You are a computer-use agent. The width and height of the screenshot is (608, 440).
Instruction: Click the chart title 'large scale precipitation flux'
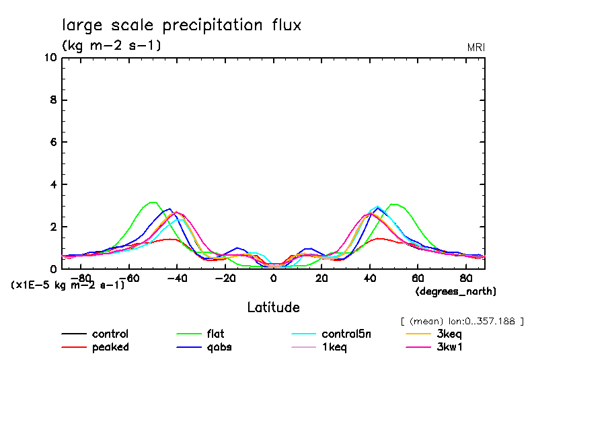click(x=182, y=26)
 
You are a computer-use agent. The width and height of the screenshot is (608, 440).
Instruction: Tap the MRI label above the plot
click(x=476, y=47)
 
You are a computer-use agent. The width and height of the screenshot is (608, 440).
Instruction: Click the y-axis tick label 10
click(x=50, y=58)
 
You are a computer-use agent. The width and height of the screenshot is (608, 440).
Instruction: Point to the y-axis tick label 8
click(x=53, y=100)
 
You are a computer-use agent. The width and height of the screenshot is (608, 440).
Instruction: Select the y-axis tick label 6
click(x=53, y=143)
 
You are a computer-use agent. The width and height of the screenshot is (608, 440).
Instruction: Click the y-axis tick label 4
click(x=53, y=184)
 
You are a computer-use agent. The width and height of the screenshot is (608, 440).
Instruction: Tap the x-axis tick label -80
click(x=81, y=277)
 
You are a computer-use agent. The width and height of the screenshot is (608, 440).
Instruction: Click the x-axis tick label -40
click(x=177, y=277)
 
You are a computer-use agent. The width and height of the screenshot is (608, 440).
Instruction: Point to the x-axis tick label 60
click(x=417, y=277)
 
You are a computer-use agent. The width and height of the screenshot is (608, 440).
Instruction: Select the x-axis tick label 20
click(x=321, y=277)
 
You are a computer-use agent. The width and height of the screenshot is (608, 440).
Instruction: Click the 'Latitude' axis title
click(x=273, y=307)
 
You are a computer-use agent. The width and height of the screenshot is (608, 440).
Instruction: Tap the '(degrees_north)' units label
click(x=455, y=291)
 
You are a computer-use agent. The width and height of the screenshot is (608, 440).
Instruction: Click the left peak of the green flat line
click(x=153, y=202)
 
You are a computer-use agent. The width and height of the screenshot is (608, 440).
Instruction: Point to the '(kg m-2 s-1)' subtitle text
click(x=112, y=46)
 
